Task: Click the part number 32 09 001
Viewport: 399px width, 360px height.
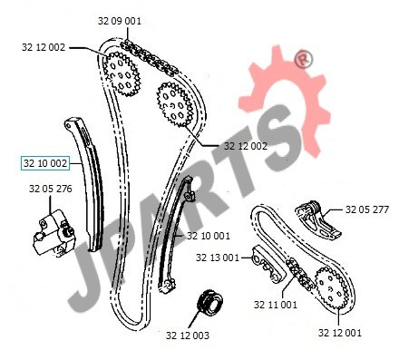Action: pos(120,21)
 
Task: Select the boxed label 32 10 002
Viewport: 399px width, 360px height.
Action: pos(45,163)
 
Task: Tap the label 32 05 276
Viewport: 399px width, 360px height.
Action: pos(51,189)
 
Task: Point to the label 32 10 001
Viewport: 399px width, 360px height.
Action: pos(209,236)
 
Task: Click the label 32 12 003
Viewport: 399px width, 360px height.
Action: pos(188,336)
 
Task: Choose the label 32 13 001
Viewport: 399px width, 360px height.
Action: pos(218,258)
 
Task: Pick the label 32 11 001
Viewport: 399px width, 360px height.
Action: pos(276,305)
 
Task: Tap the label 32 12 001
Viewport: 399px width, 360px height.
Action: pos(340,333)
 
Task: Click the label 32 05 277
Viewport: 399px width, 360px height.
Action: pos(367,209)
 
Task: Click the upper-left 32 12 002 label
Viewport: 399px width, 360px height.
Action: pos(44,47)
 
